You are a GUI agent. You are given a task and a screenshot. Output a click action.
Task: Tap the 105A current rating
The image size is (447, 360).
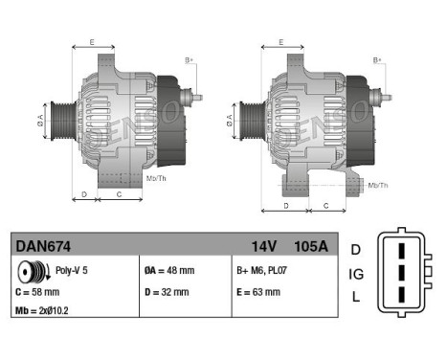(309, 246)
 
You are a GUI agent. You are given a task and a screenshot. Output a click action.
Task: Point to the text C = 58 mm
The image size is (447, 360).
(38, 291)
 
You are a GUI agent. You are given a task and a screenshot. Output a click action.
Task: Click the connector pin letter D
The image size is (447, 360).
(356, 250)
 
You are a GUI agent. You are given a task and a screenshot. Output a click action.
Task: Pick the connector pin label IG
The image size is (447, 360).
(356, 274)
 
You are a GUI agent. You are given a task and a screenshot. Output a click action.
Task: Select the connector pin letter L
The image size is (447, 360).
(356, 298)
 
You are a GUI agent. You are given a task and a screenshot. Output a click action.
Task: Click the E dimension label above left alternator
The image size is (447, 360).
(92, 41)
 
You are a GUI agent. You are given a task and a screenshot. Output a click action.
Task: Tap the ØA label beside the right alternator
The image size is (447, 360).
(230, 121)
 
